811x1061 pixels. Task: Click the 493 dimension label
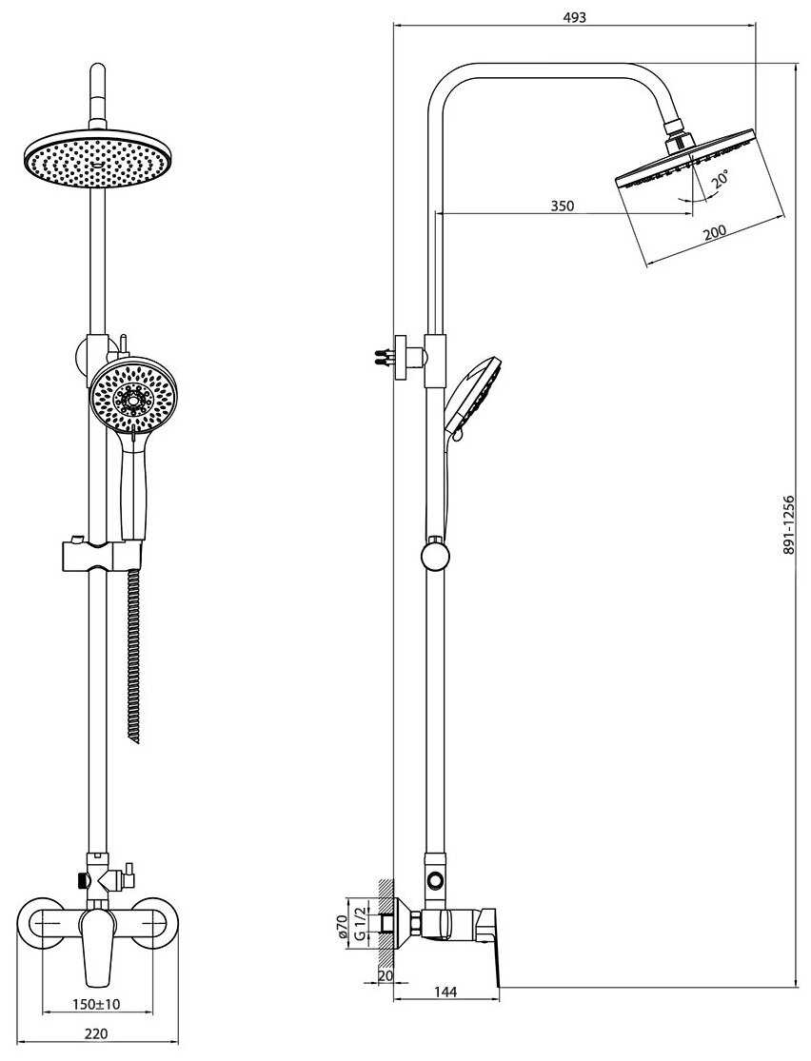coord(575,16)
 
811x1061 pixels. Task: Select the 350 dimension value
coord(563,206)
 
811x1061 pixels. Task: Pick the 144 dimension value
coord(445,992)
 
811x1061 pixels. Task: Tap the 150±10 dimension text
coord(97,1003)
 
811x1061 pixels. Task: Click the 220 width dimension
coord(97,1033)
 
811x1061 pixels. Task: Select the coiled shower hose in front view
coord(133,657)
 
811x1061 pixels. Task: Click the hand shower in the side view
coord(470,395)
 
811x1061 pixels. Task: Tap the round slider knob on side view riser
coord(434,553)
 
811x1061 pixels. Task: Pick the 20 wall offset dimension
coord(385,975)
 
